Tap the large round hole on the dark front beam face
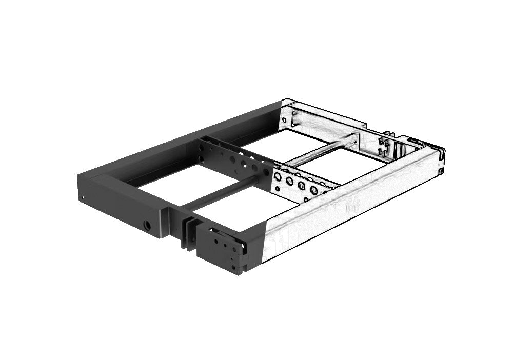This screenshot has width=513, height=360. coord(148,225)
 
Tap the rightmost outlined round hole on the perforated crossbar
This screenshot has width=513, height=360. coord(313,190)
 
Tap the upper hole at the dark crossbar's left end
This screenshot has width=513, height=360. coord(201,146)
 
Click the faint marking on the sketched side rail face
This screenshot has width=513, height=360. coord(351,207)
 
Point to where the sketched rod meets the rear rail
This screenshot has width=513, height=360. coord(356,138)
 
